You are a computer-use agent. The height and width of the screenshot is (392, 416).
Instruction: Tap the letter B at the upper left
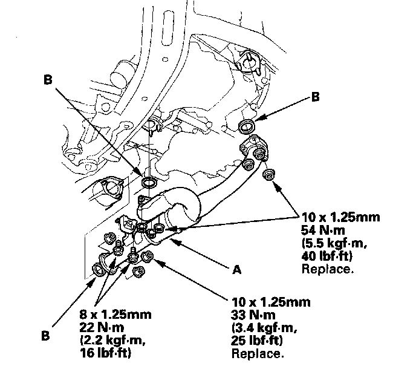point(47,79)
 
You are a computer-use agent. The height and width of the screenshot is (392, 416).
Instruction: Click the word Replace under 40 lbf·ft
point(327,269)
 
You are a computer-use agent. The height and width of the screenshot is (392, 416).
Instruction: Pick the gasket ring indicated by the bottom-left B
point(99,269)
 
